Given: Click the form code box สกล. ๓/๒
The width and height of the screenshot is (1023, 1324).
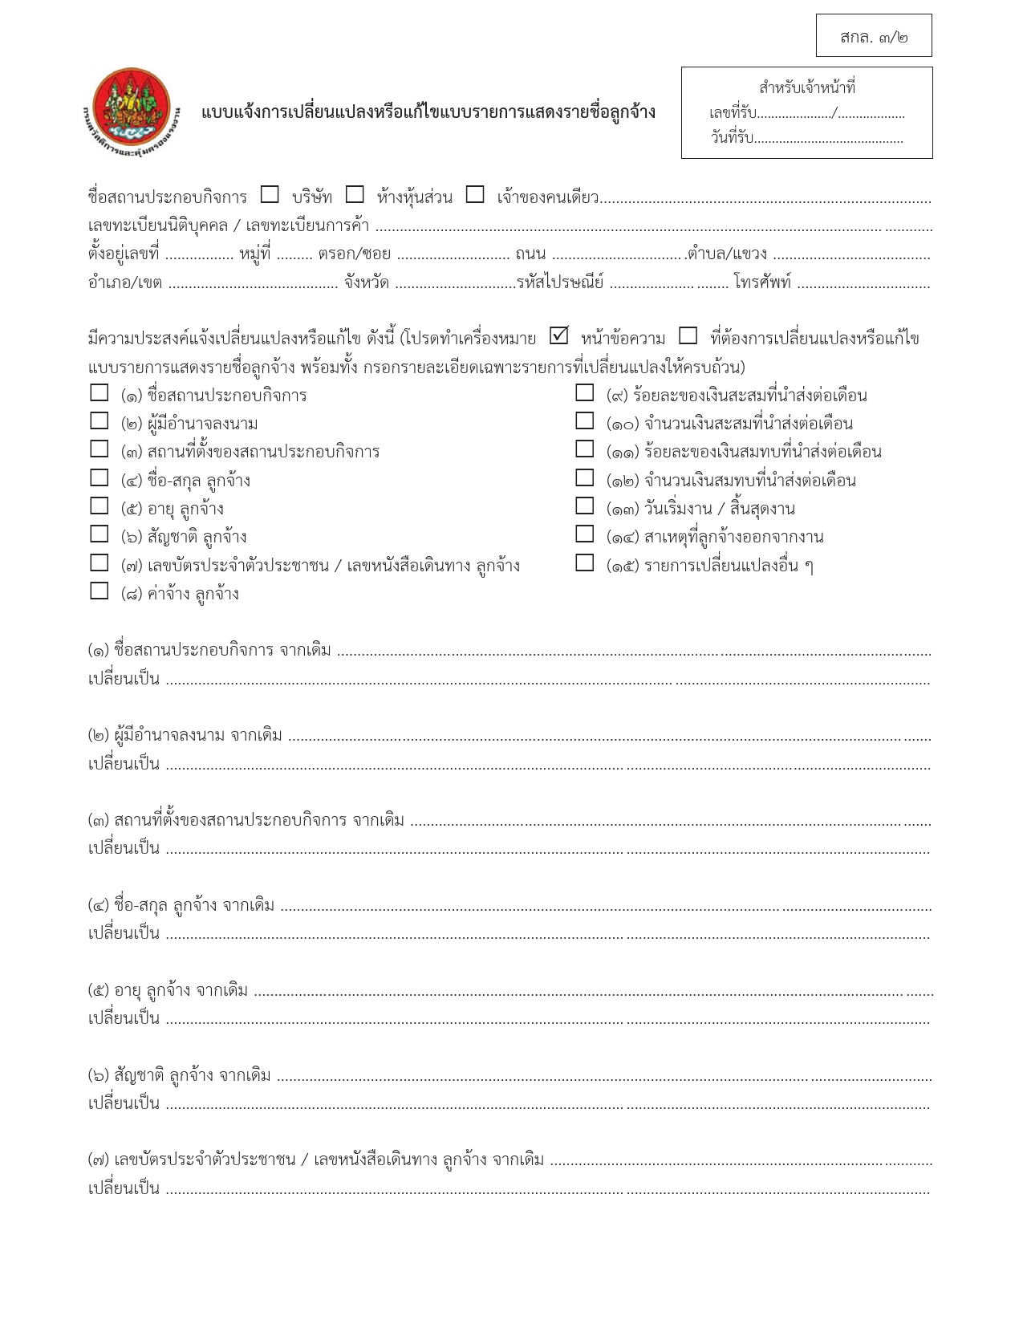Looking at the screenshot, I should pyautogui.click(x=874, y=36).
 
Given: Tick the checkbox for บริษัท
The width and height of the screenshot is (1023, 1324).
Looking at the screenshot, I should pyautogui.click(x=270, y=195).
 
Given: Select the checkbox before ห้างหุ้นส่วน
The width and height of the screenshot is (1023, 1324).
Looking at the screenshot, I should pyautogui.click(x=355, y=195).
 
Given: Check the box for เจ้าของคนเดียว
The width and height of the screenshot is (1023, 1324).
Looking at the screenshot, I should pyautogui.click(x=475, y=195).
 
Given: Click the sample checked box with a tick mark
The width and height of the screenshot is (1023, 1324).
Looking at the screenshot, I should pyautogui.click(x=559, y=335).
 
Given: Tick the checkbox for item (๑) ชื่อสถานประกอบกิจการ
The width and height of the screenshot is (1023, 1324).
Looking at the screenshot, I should pyautogui.click(x=99, y=393).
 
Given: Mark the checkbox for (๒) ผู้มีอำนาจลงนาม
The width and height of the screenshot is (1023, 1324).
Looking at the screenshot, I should pyautogui.click(x=99, y=421).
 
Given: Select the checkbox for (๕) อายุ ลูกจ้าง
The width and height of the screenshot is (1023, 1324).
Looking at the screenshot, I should pyautogui.click(x=99, y=506).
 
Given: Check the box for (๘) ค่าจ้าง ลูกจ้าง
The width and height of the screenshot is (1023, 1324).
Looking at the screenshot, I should pyautogui.click(x=99, y=591).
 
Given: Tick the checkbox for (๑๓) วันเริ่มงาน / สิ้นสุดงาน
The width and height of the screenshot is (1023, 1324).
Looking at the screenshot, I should pyautogui.click(x=585, y=506).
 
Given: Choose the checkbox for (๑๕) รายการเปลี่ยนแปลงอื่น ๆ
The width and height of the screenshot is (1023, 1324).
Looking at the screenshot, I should pyautogui.click(x=585, y=563).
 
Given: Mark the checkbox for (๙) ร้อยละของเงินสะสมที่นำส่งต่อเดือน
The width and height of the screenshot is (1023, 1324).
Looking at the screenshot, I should pyautogui.click(x=585, y=393).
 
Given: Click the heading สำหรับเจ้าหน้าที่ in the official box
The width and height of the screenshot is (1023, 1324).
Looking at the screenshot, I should pyautogui.click(x=806, y=87).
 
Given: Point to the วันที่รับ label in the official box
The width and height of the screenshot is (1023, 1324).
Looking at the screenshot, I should pyautogui.click(x=731, y=138).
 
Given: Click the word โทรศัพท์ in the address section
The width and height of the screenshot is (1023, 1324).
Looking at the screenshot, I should pyautogui.click(x=761, y=282).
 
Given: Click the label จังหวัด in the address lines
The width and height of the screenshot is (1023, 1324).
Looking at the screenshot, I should pyautogui.click(x=367, y=282).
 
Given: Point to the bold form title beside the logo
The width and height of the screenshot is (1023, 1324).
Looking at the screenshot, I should pyautogui.click(x=428, y=112).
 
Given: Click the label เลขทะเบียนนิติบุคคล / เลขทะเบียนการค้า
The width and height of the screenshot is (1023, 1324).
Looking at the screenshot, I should pyautogui.click(x=229, y=225).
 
